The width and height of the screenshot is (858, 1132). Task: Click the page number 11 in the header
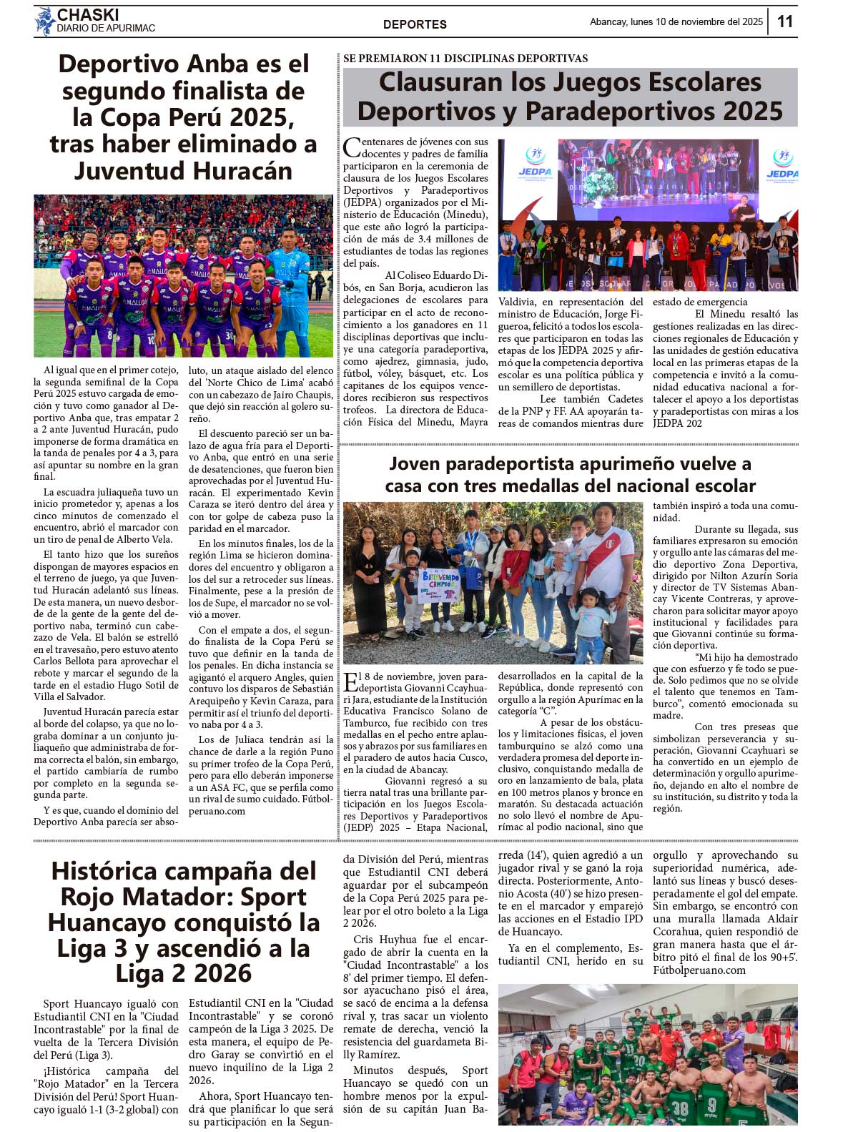point(784,21)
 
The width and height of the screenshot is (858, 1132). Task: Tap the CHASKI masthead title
point(88,14)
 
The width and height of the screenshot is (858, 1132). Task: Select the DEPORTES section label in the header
point(415,24)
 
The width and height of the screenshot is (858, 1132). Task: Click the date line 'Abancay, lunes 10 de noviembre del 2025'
point(676,22)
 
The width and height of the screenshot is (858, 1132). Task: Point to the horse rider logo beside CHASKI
point(45,21)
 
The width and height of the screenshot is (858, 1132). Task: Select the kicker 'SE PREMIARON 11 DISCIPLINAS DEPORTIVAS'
point(465,58)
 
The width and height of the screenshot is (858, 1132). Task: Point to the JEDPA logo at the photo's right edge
point(782,164)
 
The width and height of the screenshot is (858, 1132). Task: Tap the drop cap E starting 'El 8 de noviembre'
point(350,681)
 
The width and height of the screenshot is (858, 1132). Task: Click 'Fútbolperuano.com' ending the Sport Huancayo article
point(699,970)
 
